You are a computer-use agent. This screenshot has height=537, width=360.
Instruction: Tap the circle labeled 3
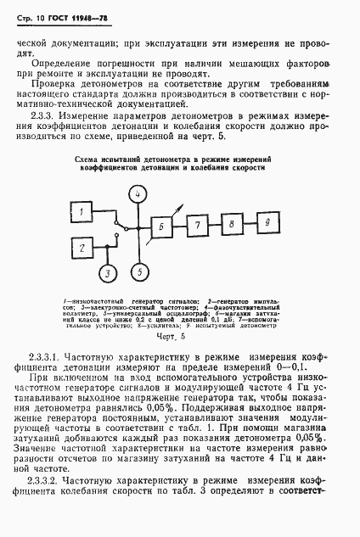[x=107, y=273]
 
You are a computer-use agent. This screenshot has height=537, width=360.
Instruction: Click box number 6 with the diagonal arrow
[x=161, y=227]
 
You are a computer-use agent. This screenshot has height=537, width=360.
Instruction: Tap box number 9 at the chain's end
[x=267, y=222]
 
